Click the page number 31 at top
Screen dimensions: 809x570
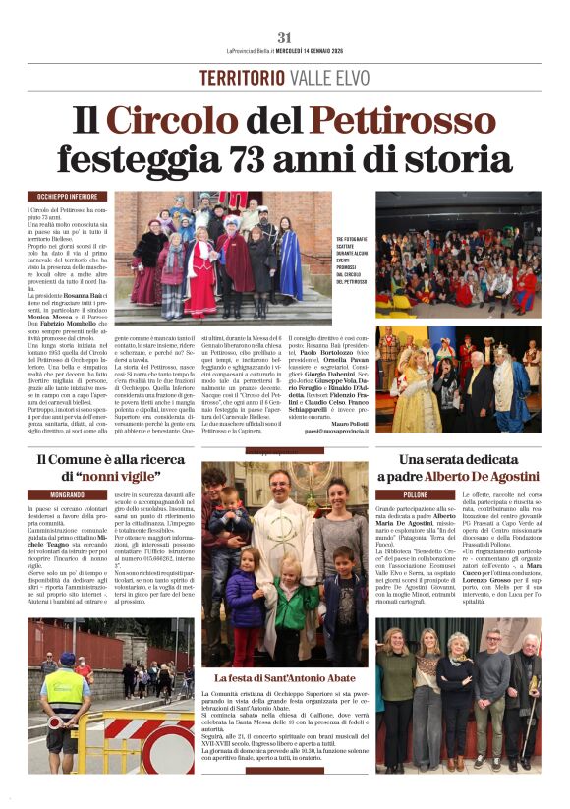pyautogui.click(x=285, y=36)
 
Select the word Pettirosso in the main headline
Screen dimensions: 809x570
pyautogui.click(x=389, y=120)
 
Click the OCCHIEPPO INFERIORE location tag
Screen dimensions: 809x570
pyautogui.click(x=68, y=197)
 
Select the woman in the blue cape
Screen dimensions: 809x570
pyautogui.click(x=288, y=263)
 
